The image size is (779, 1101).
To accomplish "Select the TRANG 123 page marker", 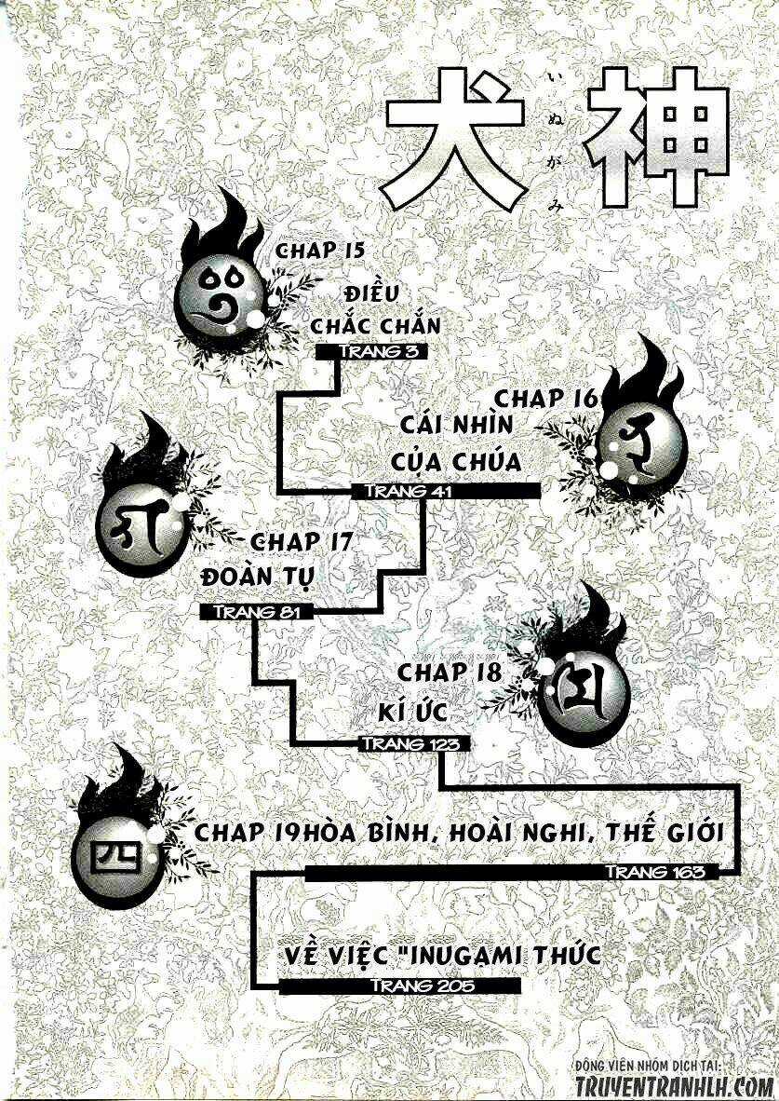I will (x=408, y=743).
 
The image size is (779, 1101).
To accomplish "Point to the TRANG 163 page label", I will (x=662, y=872).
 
